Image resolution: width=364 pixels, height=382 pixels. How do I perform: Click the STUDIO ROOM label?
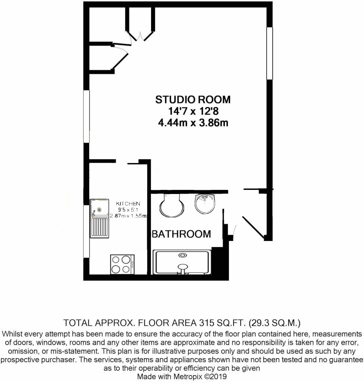coord(193,100)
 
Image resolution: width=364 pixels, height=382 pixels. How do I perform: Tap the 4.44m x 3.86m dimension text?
coord(193,123)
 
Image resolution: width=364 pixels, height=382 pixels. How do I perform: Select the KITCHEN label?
coord(128,204)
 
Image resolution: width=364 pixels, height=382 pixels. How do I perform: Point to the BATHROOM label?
coord(181,234)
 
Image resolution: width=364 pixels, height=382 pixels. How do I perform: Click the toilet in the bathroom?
coord(172,205)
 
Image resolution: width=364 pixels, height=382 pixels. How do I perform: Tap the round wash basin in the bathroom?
coord(205,204)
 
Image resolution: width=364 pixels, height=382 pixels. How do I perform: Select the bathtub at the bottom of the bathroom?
coord(182,262)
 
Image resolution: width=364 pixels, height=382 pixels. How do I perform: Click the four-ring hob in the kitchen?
coord(122,264)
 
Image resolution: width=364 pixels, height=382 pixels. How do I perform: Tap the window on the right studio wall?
coord(270,53)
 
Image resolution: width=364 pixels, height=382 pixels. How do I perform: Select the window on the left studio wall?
coord(87,116)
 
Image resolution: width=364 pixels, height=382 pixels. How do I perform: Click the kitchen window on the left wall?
coord(87,231)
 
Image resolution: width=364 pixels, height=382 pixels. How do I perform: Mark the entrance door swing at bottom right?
coord(253,227)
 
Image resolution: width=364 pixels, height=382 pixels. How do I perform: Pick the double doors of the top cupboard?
coord(140,37)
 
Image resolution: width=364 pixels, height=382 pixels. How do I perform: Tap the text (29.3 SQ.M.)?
coord(274,323)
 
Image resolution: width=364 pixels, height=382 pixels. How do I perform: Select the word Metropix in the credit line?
coord(187,376)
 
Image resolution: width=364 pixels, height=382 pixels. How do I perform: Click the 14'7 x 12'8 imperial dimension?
coord(193,111)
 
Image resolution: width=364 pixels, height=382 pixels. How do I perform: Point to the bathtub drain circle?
coord(182,255)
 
